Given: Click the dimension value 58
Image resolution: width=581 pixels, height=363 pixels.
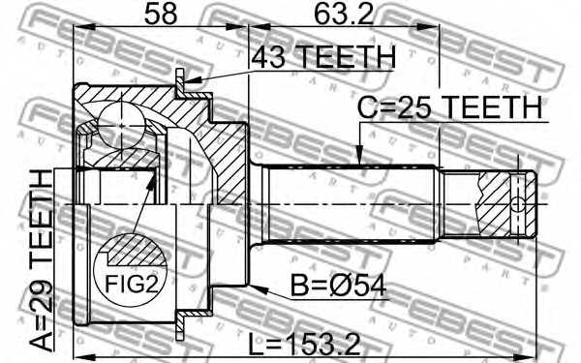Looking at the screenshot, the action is click(161, 15).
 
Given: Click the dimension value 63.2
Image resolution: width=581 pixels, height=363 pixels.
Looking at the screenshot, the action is click(343, 15).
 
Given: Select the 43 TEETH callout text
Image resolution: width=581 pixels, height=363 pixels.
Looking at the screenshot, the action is click(323, 56).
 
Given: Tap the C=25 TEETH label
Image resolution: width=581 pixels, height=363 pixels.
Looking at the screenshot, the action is click(449, 107).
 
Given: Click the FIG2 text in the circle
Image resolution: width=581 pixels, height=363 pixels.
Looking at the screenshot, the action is click(132, 284).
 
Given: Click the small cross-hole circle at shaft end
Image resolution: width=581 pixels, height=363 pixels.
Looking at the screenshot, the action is click(518, 204).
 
